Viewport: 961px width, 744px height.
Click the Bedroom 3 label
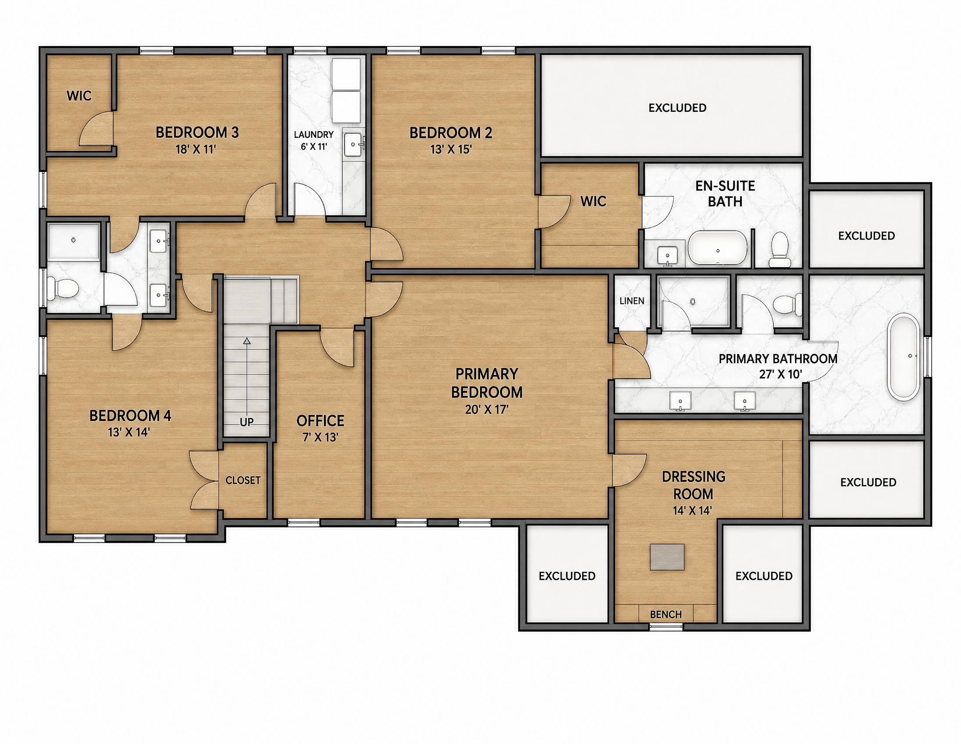197,132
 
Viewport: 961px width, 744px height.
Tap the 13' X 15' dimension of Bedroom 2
451,150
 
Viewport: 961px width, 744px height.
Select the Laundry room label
314,135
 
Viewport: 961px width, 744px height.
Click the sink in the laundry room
354,144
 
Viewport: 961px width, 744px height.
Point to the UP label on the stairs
247,422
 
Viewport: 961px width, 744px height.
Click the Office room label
320,421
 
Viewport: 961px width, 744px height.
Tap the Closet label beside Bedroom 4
243,480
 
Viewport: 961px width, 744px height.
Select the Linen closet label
632,301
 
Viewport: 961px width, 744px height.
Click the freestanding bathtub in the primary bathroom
904,357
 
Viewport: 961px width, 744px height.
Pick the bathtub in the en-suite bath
718,248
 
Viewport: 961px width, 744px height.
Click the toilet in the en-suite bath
779,250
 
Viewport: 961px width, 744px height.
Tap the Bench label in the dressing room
666,615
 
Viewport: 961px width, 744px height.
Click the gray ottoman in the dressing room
667,557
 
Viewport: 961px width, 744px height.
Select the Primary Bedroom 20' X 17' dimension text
487,410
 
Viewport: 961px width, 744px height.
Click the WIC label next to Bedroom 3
79,96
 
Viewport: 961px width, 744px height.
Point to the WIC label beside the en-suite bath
593,202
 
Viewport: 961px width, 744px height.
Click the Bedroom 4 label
130,415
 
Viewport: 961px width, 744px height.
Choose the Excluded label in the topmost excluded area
677,108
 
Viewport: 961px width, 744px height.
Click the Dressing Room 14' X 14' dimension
692,511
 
